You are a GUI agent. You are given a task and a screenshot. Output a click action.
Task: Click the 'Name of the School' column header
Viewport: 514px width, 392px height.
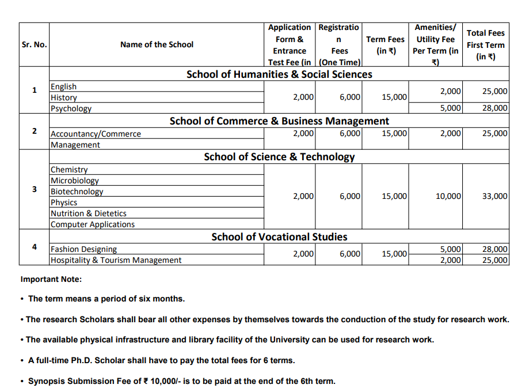click(x=157, y=44)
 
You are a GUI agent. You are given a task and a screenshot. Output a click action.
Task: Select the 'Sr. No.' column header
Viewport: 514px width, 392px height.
click(x=34, y=44)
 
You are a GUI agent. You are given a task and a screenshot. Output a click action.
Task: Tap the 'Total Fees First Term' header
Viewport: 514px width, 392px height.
click(x=485, y=44)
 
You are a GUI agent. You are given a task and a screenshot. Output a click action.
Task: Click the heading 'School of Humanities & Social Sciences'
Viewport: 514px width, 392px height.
click(x=279, y=74)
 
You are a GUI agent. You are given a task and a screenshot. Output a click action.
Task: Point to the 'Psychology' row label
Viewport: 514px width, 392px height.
click(x=71, y=108)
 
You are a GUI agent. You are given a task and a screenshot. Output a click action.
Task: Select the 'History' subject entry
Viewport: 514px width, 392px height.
click(x=64, y=97)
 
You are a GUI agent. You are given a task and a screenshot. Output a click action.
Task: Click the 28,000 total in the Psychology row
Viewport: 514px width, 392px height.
click(x=494, y=108)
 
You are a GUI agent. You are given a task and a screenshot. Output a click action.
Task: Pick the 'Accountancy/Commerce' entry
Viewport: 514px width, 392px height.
click(x=96, y=134)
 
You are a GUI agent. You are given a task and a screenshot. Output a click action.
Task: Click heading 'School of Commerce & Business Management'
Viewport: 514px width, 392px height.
click(x=279, y=121)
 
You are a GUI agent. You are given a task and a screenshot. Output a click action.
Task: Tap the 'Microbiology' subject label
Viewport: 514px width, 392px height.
click(x=75, y=180)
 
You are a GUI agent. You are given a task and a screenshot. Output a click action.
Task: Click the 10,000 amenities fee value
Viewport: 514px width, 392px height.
click(x=448, y=197)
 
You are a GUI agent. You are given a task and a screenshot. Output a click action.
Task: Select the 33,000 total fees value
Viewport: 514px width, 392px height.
click(x=494, y=197)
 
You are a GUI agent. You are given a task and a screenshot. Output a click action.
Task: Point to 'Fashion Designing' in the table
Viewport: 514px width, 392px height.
click(x=84, y=249)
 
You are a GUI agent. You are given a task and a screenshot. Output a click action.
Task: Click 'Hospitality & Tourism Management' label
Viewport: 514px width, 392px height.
click(x=116, y=260)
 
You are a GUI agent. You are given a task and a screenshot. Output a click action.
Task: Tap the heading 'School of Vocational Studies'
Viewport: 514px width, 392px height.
click(x=279, y=237)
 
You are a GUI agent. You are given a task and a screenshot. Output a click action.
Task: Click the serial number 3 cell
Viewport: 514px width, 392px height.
click(x=34, y=189)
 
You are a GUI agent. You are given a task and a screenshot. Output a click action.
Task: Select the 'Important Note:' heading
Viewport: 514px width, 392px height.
click(x=51, y=280)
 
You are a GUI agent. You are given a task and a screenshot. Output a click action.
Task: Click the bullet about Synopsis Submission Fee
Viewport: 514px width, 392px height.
click(x=181, y=381)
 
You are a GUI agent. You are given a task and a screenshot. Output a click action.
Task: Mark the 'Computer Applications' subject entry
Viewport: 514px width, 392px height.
click(x=93, y=224)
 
